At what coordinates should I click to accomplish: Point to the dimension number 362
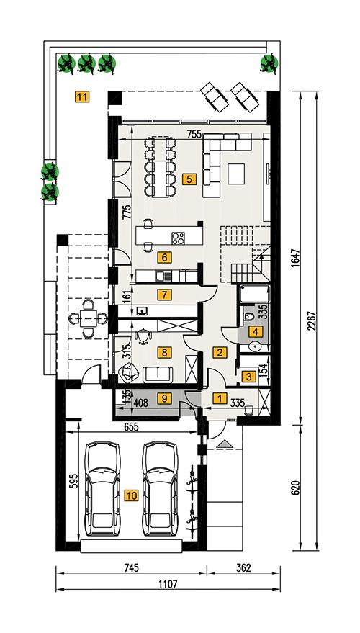pyautogui.click(x=242, y=568)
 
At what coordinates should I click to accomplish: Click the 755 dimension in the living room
pyautogui.click(x=194, y=133)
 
